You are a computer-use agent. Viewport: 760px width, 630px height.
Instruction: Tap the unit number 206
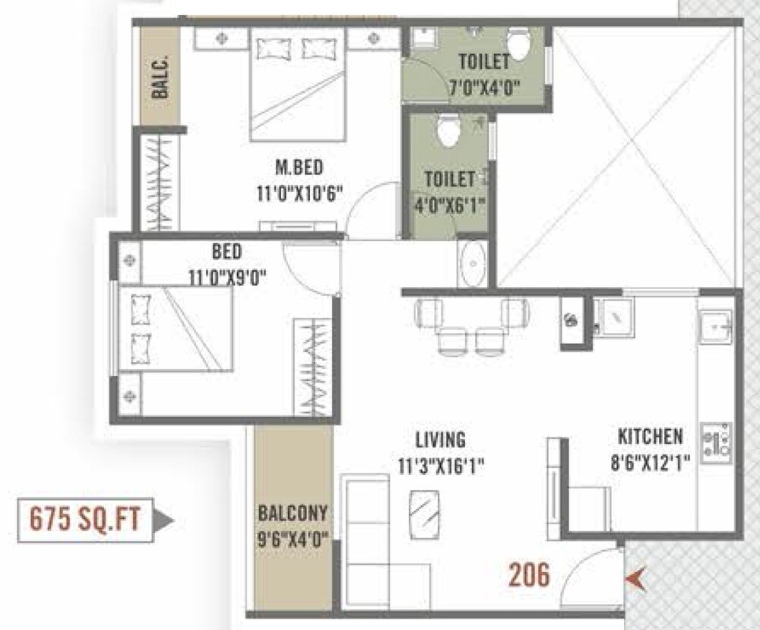click(x=529, y=574)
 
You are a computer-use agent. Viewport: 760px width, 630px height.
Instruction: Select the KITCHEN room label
click(x=650, y=437)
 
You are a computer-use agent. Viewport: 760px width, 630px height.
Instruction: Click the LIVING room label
click(x=440, y=440)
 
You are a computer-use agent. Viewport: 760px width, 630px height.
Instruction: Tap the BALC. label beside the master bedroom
click(x=160, y=79)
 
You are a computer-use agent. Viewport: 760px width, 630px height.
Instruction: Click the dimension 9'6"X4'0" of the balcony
click(x=293, y=542)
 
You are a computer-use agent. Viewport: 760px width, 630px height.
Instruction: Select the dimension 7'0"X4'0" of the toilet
click(x=483, y=86)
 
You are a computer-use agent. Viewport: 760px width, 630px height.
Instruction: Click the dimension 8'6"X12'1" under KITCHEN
click(x=650, y=462)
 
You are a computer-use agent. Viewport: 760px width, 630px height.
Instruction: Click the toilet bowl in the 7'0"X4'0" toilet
click(x=519, y=44)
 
